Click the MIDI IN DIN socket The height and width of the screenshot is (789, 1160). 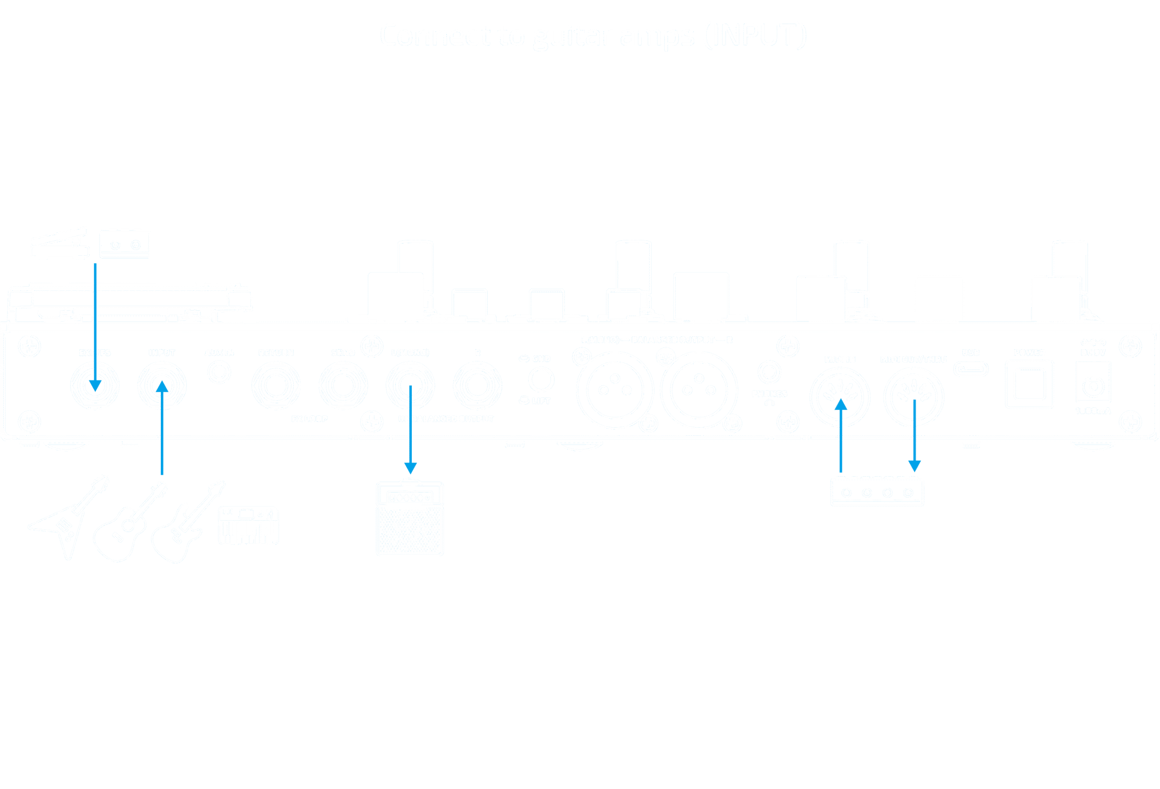[x=840, y=398]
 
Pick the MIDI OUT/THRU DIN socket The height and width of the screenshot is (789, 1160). [x=913, y=398]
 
